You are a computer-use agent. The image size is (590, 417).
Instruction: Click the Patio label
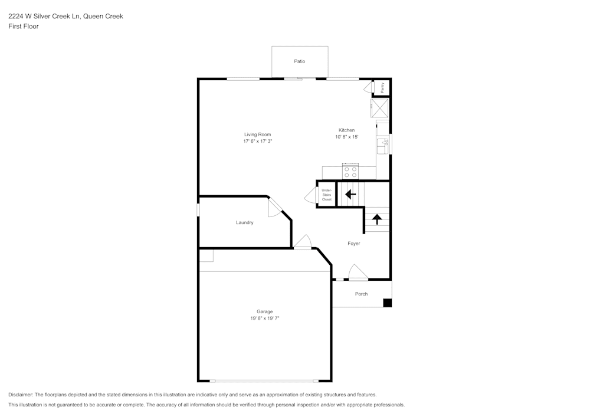(x=300, y=61)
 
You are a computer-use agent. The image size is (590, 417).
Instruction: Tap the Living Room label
(x=257, y=134)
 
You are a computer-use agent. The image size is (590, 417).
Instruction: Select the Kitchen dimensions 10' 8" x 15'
(x=346, y=137)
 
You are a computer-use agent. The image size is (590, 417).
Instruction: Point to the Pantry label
(x=382, y=88)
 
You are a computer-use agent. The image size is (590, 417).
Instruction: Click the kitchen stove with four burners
(x=350, y=172)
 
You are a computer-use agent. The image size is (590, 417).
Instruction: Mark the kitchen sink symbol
(x=383, y=146)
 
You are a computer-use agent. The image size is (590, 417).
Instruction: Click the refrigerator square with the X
(x=379, y=109)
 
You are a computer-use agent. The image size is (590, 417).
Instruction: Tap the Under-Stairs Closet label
(x=327, y=195)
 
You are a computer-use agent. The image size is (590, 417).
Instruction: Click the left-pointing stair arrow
(x=350, y=195)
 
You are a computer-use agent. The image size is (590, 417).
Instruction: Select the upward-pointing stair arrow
(x=377, y=219)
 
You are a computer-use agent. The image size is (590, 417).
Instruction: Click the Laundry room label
(x=245, y=222)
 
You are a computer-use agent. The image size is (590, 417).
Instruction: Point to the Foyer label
(x=353, y=244)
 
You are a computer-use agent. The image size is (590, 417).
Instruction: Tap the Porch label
(x=361, y=294)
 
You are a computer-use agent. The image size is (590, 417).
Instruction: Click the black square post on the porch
(x=388, y=303)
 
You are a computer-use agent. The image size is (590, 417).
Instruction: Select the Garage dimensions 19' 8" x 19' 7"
(x=265, y=318)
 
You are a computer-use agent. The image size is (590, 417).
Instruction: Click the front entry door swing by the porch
(x=358, y=272)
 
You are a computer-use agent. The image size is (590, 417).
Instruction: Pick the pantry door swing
(x=368, y=88)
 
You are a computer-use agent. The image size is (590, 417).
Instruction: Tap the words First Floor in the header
(x=24, y=27)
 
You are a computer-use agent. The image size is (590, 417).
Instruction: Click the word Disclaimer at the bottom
(x=21, y=395)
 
